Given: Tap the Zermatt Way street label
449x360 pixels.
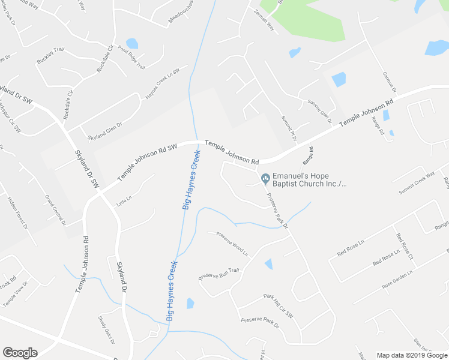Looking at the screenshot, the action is point(264,21).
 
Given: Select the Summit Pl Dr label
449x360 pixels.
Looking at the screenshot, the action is point(289,128).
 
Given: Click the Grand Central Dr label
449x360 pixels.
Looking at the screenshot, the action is point(55,209).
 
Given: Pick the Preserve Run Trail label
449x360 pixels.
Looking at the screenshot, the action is point(218,274).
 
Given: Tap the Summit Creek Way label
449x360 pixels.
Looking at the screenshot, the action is point(415,183).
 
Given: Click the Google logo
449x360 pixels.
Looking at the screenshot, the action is point(20,353).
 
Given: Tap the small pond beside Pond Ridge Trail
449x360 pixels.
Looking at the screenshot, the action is point(131,43).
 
